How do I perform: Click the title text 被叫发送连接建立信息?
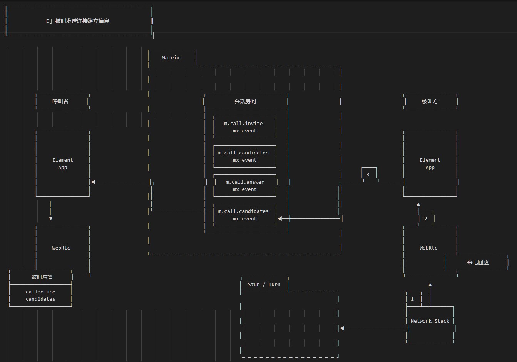click(x=82, y=21)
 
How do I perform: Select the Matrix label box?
click(x=172, y=57)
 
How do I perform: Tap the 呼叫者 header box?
click(x=62, y=101)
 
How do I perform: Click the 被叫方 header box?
click(x=430, y=101)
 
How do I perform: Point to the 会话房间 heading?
click(x=245, y=101)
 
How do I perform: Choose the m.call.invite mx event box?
click(x=245, y=127)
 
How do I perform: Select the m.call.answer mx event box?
click(x=245, y=186)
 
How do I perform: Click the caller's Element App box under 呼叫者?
click(x=62, y=164)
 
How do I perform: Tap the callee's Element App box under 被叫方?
click(x=430, y=164)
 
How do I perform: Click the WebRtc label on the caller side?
click(x=61, y=248)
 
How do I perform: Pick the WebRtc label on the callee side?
click(x=428, y=248)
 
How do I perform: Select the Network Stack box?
click(x=430, y=325)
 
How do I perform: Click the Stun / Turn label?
click(x=264, y=285)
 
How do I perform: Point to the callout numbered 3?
click(x=369, y=174)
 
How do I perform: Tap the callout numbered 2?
click(x=426, y=218)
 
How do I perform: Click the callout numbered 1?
click(x=414, y=299)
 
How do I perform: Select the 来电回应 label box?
click(x=476, y=262)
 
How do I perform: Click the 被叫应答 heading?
click(x=42, y=277)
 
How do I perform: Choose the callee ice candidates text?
click(x=40, y=295)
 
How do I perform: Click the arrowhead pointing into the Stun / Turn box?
click(x=342, y=328)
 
